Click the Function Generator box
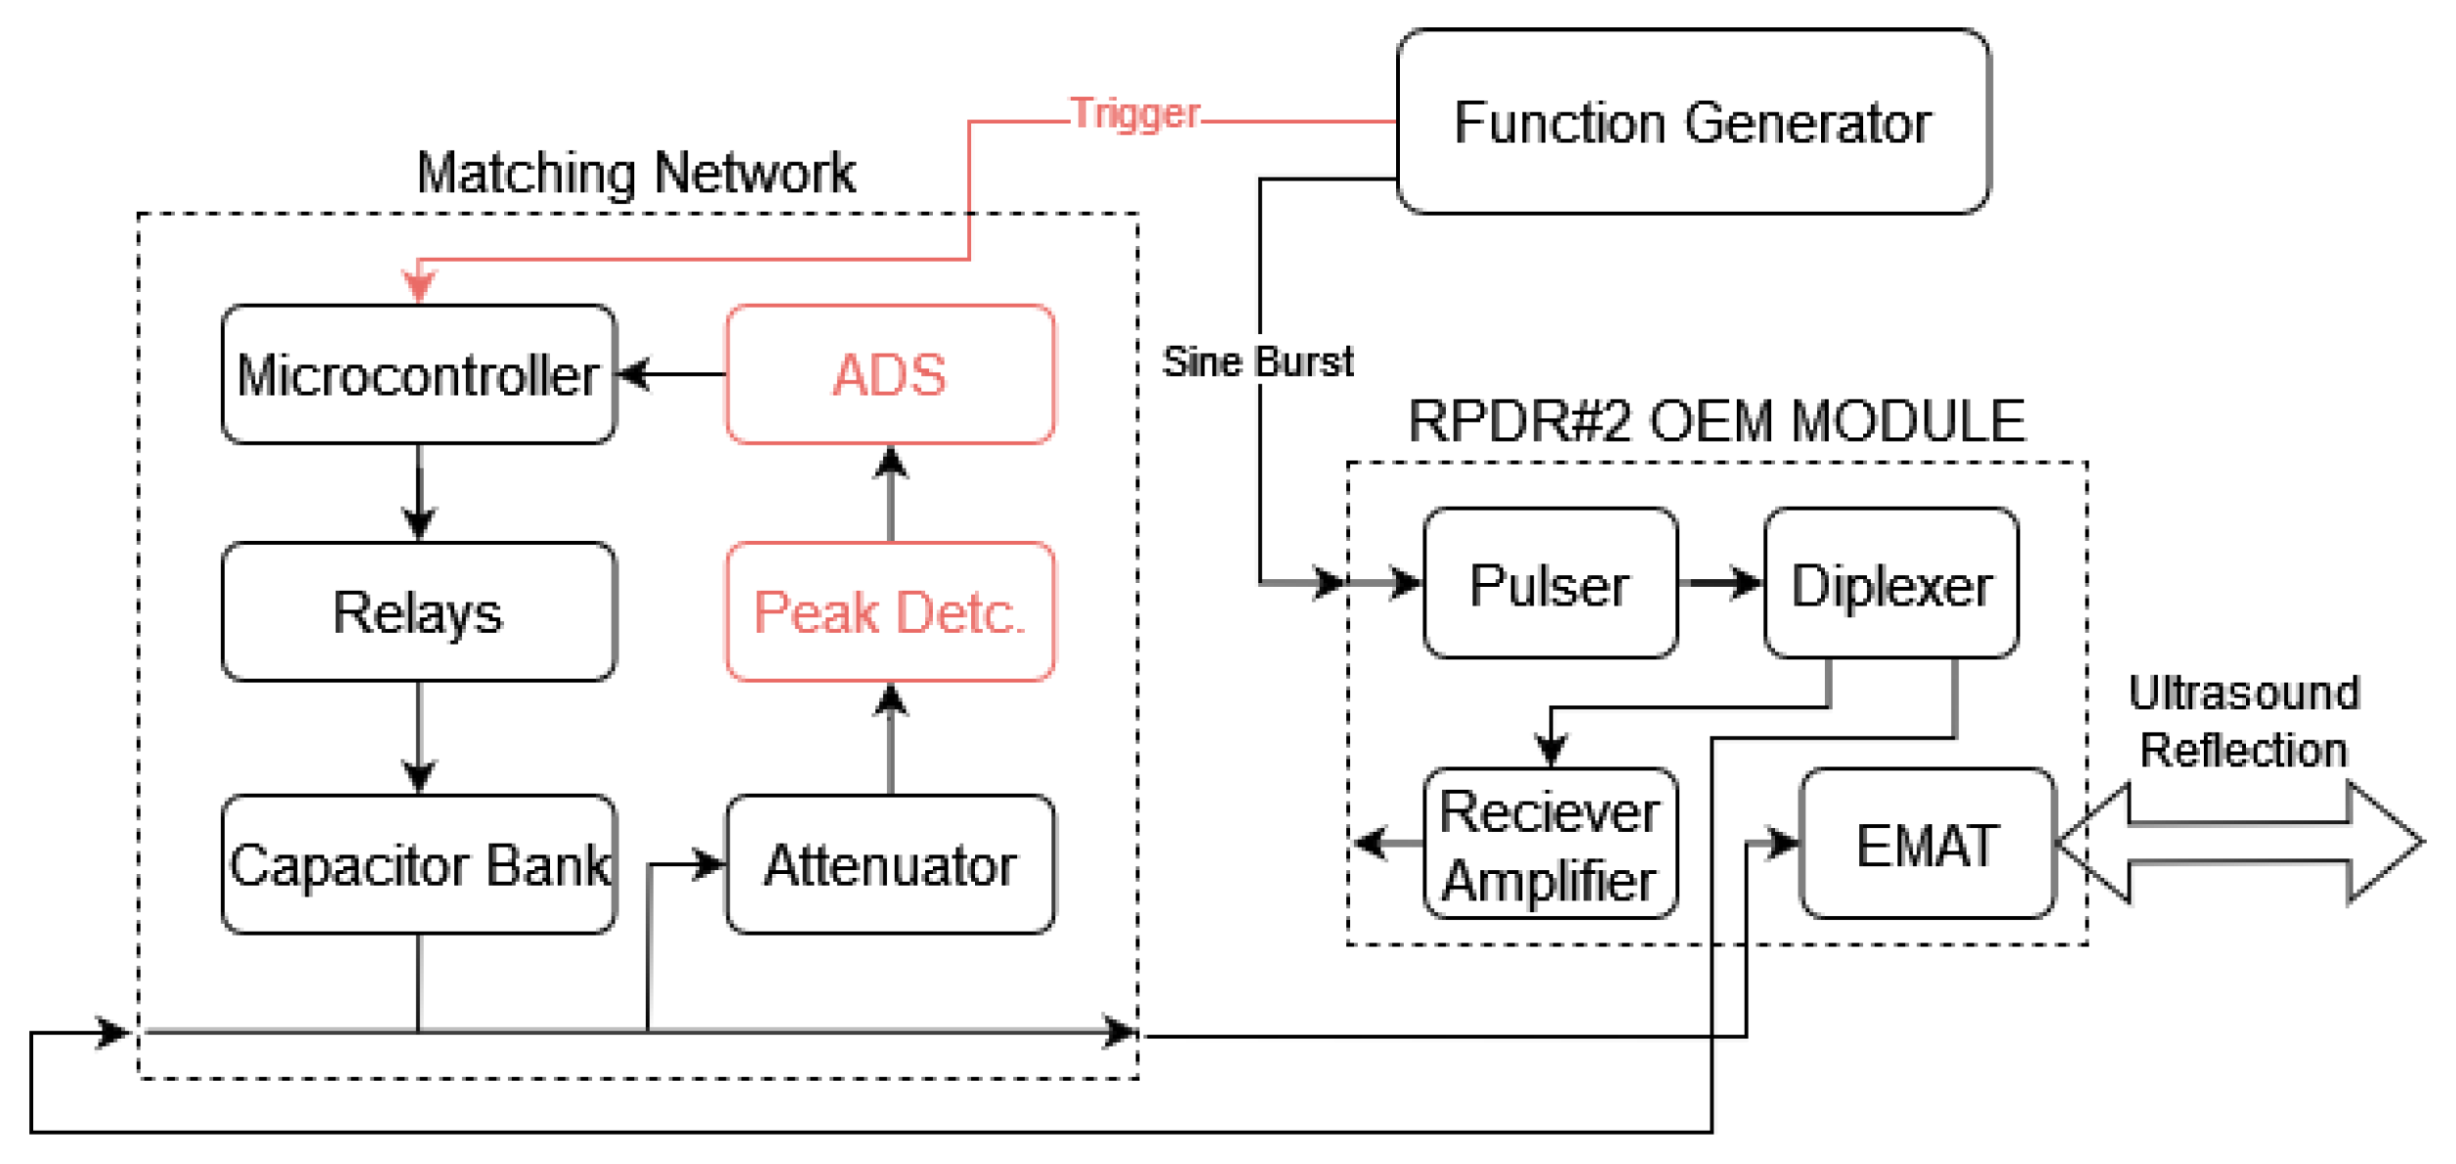[1692, 122]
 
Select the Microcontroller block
[418, 375]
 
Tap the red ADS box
[889, 375]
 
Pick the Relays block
[418, 612]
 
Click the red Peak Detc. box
[889, 612]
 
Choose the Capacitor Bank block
[418, 865]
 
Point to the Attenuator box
[889, 865]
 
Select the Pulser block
[1549, 584]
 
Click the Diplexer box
[1890, 584]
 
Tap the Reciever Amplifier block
[1549, 845]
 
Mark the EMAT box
[1927, 845]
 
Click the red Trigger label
[1134, 114]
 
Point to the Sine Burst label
[1256, 362]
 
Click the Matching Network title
[635, 174]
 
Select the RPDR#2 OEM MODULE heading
[1715, 422]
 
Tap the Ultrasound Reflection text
[2243, 722]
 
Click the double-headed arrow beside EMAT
[2237, 843]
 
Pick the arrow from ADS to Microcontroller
[672, 374]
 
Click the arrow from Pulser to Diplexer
[1720, 583]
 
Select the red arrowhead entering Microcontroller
[419, 287]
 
